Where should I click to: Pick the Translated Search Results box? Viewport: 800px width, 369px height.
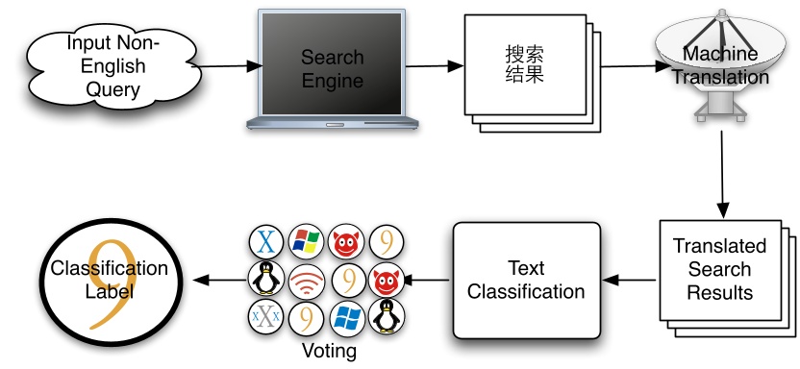(x=726, y=269)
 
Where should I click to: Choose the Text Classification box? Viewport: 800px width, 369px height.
(x=526, y=279)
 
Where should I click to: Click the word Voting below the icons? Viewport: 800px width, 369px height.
(x=329, y=351)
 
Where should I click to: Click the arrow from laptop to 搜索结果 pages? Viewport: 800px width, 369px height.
(x=433, y=66)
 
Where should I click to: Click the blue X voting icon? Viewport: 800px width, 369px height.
(x=265, y=241)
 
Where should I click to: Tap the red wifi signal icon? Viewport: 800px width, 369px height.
(x=306, y=280)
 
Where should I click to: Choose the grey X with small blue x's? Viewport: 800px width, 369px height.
(x=265, y=317)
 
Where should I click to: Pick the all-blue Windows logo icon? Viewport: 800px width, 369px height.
(x=346, y=317)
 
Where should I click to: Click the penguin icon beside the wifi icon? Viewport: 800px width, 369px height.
(x=265, y=280)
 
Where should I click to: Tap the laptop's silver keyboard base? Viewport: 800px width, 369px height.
(x=332, y=122)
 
